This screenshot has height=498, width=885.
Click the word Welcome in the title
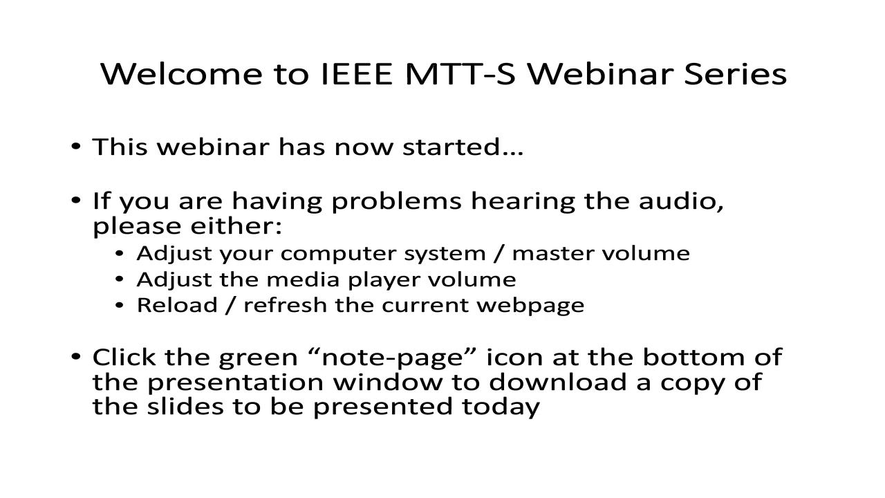pyautogui.click(x=182, y=74)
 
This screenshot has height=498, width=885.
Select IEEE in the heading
pyautogui.click(x=357, y=74)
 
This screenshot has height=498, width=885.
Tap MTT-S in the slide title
pyautogui.click(x=460, y=74)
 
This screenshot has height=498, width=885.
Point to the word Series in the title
pyautogui.click(x=735, y=74)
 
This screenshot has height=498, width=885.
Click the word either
pyautogui.click(x=236, y=226)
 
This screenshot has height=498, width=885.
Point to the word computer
pyautogui.click(x=338, y=254)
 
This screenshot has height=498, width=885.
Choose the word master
pyautogui.click(x=552, y=253)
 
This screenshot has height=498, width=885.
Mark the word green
pyautogui.click(x=258, y=358)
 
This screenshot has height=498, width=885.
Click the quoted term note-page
pyautogui.click(x=392, y=358)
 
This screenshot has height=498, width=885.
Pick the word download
pyautogui.click(x=557, y=382)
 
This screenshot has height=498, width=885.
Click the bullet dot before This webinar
pyautogui.click(x=76, y=147)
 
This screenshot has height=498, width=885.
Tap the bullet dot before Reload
pyautogui.click(x=120, y=305)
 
